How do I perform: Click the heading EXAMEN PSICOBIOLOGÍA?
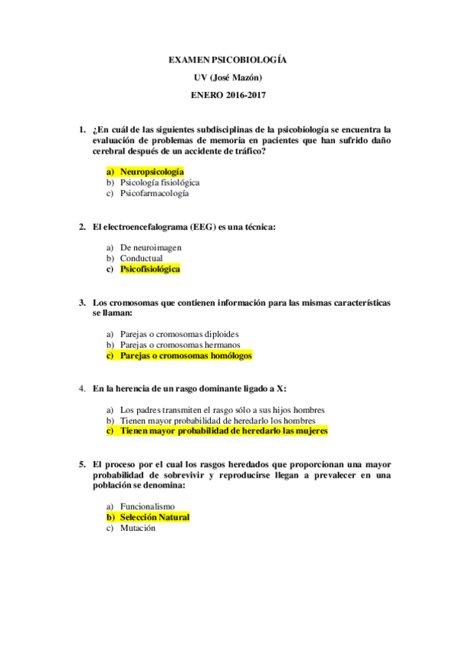[228, 59]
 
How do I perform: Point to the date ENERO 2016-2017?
[228, 96]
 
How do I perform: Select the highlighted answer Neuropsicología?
[151, 172]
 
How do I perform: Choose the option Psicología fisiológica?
[160, 183]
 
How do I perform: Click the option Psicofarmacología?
[155, 193]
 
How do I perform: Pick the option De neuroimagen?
[151, 247]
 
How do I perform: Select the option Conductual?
[141, 258]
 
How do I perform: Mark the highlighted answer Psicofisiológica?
[150, 268]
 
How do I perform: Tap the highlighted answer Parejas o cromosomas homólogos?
[186, 355]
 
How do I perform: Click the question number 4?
[81, 389]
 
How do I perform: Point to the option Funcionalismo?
[147, 506]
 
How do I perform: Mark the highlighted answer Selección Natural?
[155, 517]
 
